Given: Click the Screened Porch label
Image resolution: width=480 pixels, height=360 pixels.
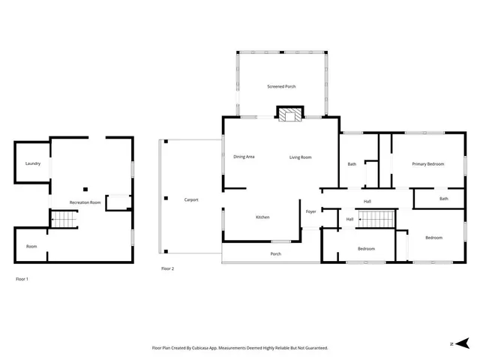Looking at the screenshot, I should pyautogui.click(x=281, y=87).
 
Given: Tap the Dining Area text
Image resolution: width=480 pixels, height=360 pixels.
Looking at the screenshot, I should pyautogui.click(x=244, y=157).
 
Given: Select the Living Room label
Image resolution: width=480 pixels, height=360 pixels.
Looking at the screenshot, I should pyautogui.click(x=301, y=157).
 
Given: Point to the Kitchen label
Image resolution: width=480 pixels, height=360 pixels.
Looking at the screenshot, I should pyautogui.click(x=262, y=217).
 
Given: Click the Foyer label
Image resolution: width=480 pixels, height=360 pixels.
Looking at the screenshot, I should pyautogui.click(x=310, y=211).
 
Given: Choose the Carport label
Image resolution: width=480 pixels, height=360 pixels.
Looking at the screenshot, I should pyautogui.click(x=191, y=199).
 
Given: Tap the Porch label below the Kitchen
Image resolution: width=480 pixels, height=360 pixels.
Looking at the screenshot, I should pyautogui.click(x=276, y=254).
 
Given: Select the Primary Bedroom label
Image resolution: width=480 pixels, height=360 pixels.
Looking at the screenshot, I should pyautogui.click(x=427, y=163).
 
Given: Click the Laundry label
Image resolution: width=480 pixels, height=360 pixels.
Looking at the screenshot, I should pyautogui.click(x=32, y=163).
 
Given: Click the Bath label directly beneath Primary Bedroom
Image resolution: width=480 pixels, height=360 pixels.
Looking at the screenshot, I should pyautogui.click(x=443, y=199).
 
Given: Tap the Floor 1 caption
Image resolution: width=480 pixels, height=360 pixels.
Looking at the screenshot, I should pyautogui.click(x=22, y=279).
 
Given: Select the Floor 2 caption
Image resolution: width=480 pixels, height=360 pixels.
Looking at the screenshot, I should pyautogui.click(x=167, y=268).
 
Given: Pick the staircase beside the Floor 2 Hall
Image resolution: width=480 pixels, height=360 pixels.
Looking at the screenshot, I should pyautogui.click(x=376, y=220).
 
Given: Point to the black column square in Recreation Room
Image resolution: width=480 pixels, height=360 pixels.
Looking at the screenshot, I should pyautogui.click(x=85, y=188).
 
